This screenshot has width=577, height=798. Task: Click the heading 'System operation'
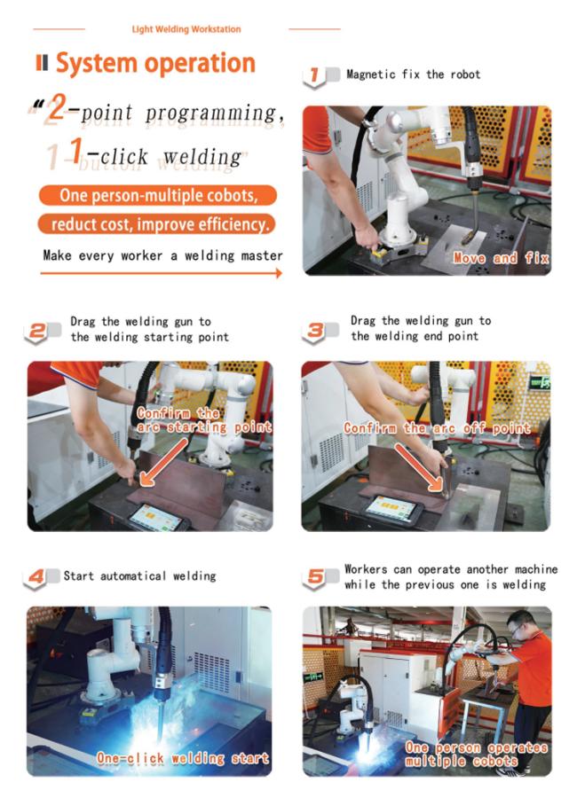(x=155, y=64)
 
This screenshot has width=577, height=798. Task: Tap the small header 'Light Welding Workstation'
(x=186, y=29)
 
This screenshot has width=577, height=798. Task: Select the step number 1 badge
(x=314, y=76)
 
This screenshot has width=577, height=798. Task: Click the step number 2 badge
(x=36, y=332)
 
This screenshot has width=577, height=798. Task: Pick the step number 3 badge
(x=315, y=332)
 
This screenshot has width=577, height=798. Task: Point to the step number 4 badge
(x=36, y=577)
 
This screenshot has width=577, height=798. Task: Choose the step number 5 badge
(x=315, y=577)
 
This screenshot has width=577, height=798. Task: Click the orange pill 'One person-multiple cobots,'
(x=158, y=195)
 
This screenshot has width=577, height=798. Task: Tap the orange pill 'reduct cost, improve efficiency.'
(x=156, y=224)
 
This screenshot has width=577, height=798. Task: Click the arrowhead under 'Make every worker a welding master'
(x=279, y=273)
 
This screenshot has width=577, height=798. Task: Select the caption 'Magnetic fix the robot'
(x=414, y=74)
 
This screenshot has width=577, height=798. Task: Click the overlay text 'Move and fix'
(x=501, y=258)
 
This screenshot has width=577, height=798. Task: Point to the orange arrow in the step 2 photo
(x=164, y=462)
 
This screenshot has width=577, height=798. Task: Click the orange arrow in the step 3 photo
(x=418, y=467)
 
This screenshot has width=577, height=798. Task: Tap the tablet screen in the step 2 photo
(x=155, y=518)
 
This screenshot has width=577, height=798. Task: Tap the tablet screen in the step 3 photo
(x=391, y=508)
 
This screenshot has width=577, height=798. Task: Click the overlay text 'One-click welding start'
(x=183, y=758)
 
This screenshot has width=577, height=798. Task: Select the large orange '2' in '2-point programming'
(x=56, y=108)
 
